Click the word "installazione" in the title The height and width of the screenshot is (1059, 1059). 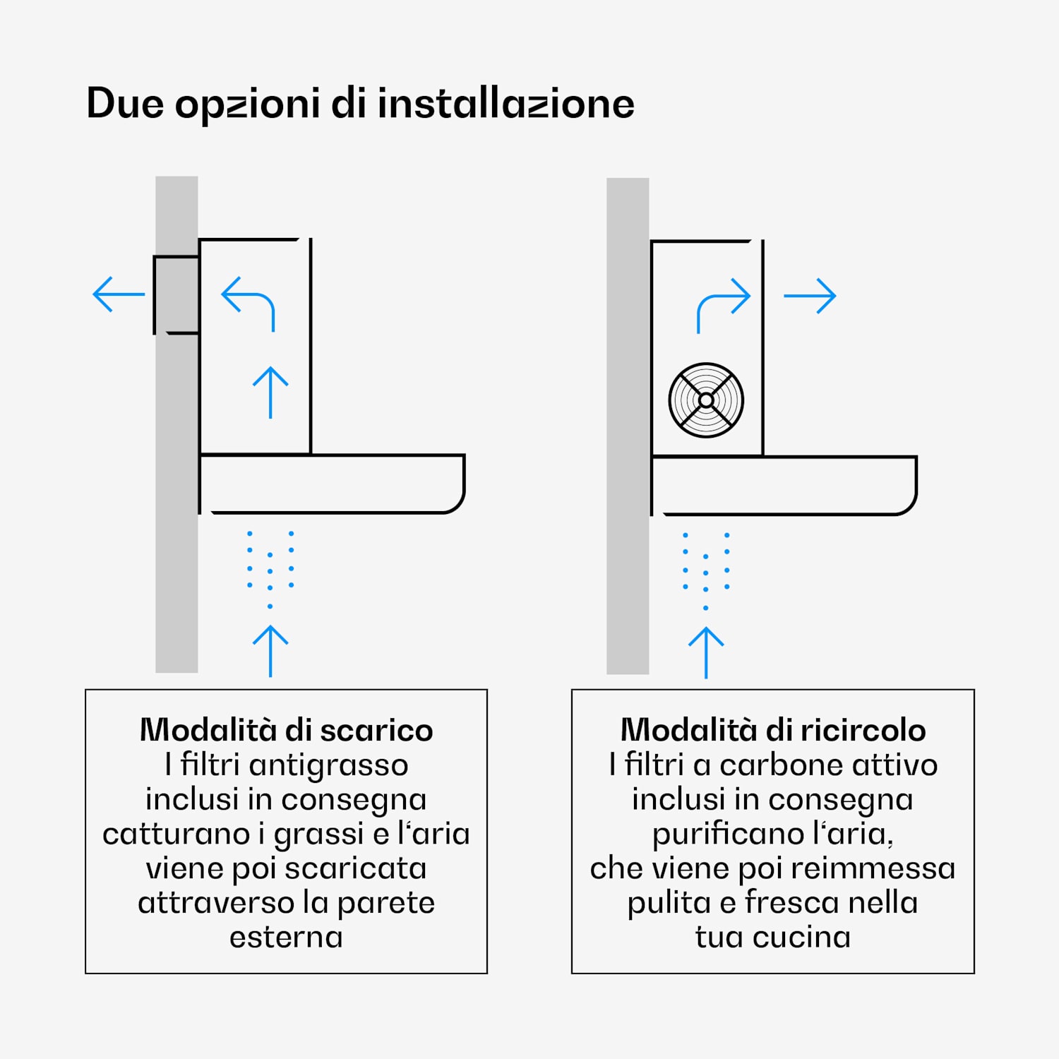pyautogui.click(x=505, y=103)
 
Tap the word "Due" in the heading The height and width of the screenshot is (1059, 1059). pyautogui.click(x=125, y=104)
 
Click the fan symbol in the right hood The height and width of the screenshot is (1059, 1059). pyautogui.click(x=706, y=400)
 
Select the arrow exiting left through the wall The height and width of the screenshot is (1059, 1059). pyautogui.click(x=119, y=294)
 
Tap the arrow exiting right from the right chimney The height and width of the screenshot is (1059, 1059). pyautogui.click(x=810, y=296)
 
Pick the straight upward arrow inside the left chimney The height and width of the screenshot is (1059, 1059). pyautogui.click(x=270, y=393)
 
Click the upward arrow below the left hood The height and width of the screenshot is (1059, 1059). pyautogui.click(x=270, y=651)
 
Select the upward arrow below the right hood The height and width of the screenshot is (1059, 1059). pyautogui.click(x=706, y=653)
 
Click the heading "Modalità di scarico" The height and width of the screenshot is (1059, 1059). pyautogui.click(x=286, y=730)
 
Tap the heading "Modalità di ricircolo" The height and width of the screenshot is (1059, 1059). pyautogui.click(x=773, y=730)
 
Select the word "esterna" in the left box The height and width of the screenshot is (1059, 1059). pyautogui.click(x=286, y=938)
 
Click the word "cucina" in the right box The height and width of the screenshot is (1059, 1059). pyautogui.click(x=801, y=938)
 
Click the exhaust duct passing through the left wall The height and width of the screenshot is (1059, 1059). pyautogui.click(x=176, y=294)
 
